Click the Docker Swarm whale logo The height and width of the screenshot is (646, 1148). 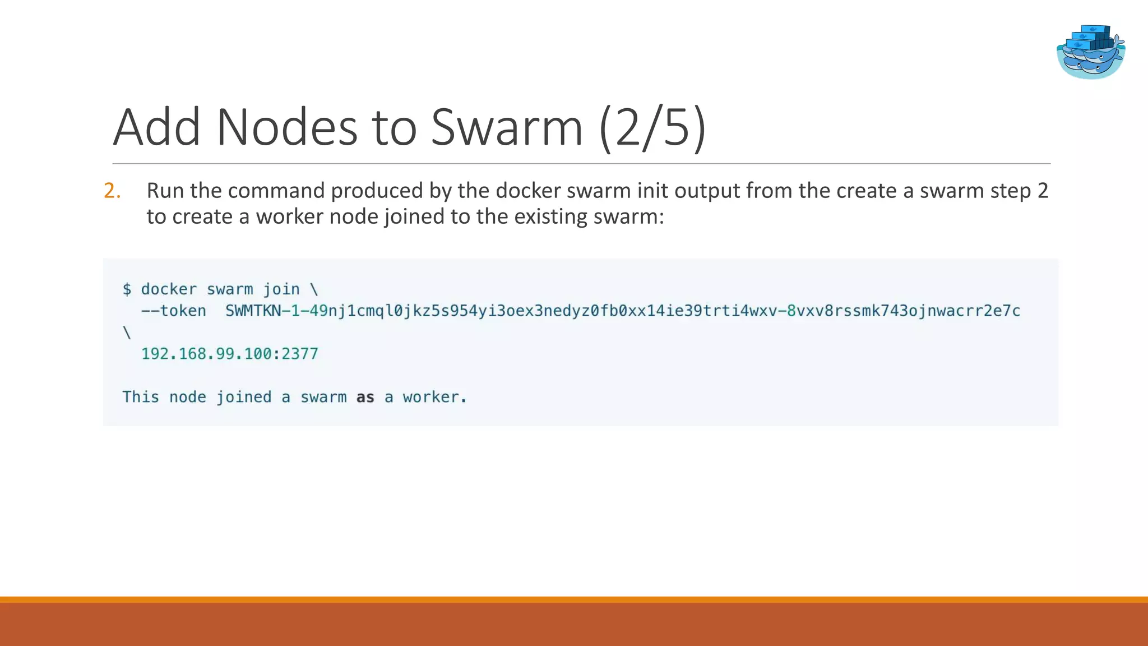[1090, 52]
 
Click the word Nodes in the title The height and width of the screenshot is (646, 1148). [286, 127]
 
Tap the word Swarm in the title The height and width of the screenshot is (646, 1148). [507, 127]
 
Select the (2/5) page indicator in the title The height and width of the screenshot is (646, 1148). [652, 127]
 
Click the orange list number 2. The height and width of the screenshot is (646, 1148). [112, 191]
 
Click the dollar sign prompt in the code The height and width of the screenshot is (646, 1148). [127, 289]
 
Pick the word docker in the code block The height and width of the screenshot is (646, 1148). [169, 289]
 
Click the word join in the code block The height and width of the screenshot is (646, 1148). [281, 289]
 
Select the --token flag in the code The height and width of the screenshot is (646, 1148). [174, 311]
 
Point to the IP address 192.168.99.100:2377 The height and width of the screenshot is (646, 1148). [229, 354]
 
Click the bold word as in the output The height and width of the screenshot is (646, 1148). [365, 398]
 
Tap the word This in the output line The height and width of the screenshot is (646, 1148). [141, 398]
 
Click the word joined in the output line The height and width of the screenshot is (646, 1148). [244, 398]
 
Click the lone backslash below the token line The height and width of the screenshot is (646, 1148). [127, 333]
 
